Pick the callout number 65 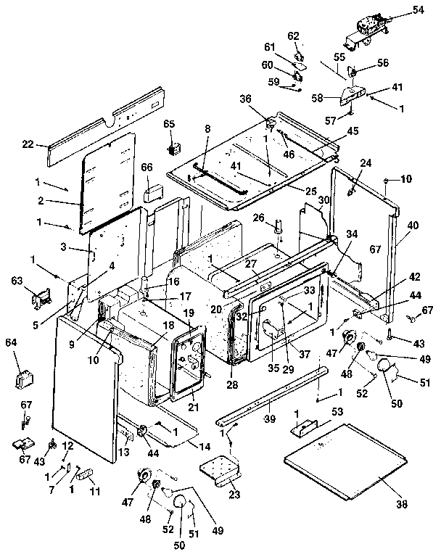(x=169, y=125)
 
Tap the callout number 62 (x=294, y=36)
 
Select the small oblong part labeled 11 (x=86, y=475)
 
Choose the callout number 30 (x=323, y=200)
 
